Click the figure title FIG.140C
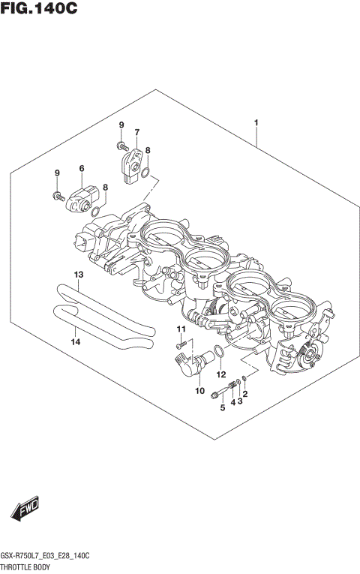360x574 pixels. (x=39, y=9)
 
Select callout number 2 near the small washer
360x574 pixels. (x=245, y=394)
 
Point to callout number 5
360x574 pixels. (x=222, y=408)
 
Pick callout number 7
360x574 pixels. (x=137, y=133)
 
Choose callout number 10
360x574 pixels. (x=199, y=390)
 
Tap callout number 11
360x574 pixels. (x=180, y=330)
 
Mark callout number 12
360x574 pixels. (x=221, y=373)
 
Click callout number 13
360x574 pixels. (x=78, y=275)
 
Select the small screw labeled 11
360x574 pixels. (x=180, y=345)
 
